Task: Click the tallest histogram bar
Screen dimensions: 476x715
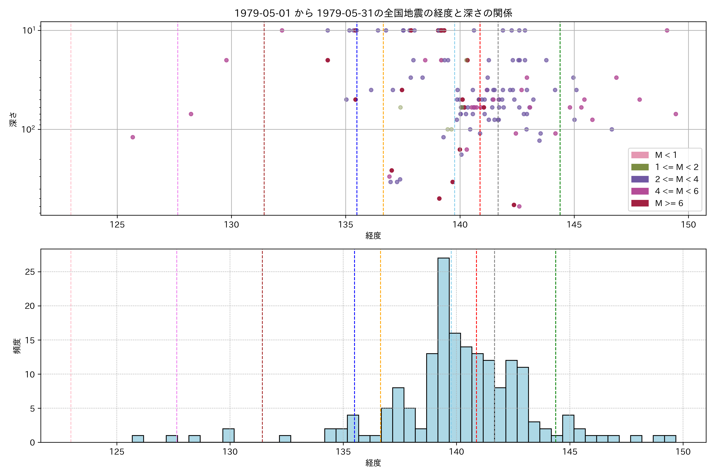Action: point(443,349)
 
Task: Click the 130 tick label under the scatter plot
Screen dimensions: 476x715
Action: point(231,225)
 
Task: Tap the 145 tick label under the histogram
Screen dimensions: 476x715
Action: point(570,452)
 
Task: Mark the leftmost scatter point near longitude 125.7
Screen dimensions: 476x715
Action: point(132,137)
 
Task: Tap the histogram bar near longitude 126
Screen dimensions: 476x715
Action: point(138,439)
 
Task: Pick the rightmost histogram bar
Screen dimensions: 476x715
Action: point(670,439)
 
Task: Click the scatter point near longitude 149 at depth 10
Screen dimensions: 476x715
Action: point(667,30)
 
